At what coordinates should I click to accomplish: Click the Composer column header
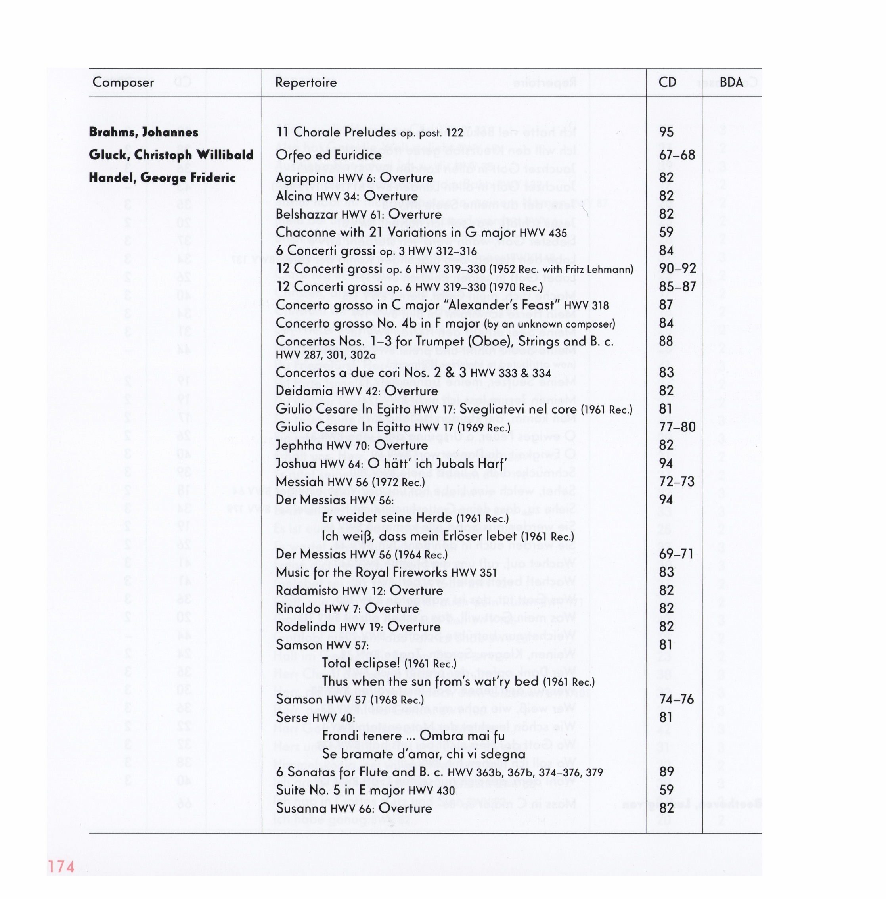[x=123, y=82]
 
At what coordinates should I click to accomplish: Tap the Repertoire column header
[x=306, y=82]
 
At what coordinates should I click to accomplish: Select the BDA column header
[x=731, y=82]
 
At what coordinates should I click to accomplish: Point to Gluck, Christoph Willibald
[x=171, y=155]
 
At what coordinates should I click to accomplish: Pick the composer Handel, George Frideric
[x=162, y=178]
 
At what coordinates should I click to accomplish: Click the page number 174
[x=61, y=866]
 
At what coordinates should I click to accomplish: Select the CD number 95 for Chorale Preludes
[x=666, y=132]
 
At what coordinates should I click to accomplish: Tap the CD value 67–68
[x=677, y=155]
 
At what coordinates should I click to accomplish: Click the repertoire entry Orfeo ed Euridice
[x=328, y=155]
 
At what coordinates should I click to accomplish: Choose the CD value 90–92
[x=677, y=268]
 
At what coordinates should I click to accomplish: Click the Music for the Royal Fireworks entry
[x=386, y=572]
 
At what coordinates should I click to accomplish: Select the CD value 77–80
[x=677, y=427]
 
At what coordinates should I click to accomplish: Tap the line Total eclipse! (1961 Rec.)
[x=389, y=663]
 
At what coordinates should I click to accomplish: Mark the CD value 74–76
[x=676, y=700]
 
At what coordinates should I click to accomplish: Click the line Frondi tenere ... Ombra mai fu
[x=413, y=736]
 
